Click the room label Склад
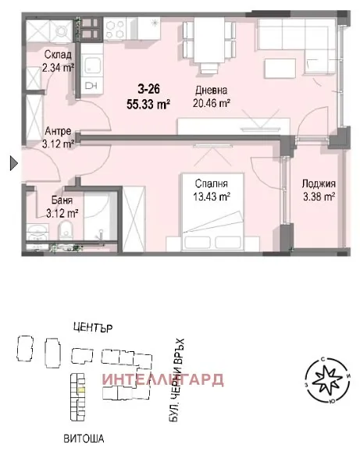(x=59, y=55)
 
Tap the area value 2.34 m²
(x=59, y=68)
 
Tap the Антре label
(x=59, y=130)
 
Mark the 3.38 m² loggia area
(x=319, y=197)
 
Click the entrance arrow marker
(x=12, y=163)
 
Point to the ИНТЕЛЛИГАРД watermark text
(x=163, y=380)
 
